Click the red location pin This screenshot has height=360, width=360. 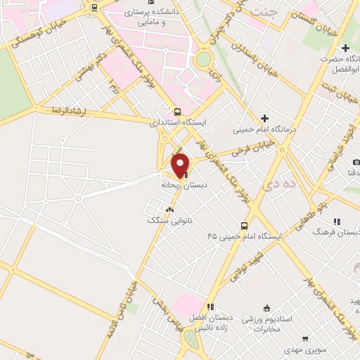181,165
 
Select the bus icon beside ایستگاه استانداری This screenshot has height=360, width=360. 176,112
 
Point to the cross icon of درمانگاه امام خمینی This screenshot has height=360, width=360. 264,119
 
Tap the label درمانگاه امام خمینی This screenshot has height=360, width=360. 266,130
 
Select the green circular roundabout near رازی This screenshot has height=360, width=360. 203,59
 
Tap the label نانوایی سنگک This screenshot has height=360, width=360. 169,220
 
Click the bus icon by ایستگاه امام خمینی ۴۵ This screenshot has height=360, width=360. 244,226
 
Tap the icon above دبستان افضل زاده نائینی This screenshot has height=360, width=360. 210,307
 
